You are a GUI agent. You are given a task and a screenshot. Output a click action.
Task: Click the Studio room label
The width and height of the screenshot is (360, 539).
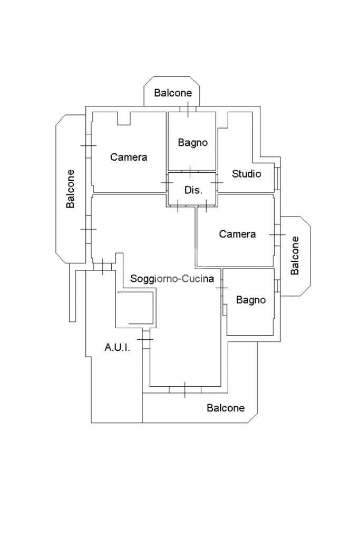(246, 174)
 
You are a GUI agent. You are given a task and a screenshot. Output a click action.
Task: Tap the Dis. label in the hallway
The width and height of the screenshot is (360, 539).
(193, 190)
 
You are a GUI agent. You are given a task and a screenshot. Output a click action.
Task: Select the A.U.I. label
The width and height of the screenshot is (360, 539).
(117, 347)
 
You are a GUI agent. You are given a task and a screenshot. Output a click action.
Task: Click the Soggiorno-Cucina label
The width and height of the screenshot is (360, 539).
(172, 279)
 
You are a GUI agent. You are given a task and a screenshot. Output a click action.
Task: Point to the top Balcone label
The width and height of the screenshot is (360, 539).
(173, 93)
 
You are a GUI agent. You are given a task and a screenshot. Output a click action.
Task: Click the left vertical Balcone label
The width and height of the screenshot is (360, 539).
(71, 189)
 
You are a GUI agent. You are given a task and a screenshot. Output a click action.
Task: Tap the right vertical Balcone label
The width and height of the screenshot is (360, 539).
(295, 255)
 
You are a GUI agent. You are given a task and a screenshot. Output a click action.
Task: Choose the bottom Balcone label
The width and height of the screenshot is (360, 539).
(226, 408)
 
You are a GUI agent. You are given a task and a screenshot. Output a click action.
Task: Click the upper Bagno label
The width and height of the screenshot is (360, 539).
(192, 142)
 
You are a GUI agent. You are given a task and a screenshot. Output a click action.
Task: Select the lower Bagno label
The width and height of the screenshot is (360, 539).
(250, 300)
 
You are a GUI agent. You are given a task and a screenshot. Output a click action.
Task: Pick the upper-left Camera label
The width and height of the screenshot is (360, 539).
(129, 157)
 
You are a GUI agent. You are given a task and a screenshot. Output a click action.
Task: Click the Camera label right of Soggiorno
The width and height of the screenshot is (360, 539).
(237, 234)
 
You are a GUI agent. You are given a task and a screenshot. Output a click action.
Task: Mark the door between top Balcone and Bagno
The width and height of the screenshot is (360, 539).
(188, 109)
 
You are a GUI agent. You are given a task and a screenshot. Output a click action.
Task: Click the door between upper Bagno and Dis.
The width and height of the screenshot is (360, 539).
(190, 171)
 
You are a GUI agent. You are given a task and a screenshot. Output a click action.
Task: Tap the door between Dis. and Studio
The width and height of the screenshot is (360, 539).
(217, 182)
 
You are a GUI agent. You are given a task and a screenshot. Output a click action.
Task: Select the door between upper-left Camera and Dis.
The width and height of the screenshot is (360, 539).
(167, 182)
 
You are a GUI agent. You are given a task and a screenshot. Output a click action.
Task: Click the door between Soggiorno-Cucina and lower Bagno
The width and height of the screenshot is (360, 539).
(222, 288)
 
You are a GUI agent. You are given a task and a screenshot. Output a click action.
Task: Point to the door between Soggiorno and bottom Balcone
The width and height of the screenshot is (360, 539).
(184, 389)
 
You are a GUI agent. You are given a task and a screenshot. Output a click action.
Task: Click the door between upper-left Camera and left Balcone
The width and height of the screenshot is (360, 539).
(88, 145)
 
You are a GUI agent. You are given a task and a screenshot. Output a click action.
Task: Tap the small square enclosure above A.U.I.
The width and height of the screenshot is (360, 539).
(135, 308)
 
